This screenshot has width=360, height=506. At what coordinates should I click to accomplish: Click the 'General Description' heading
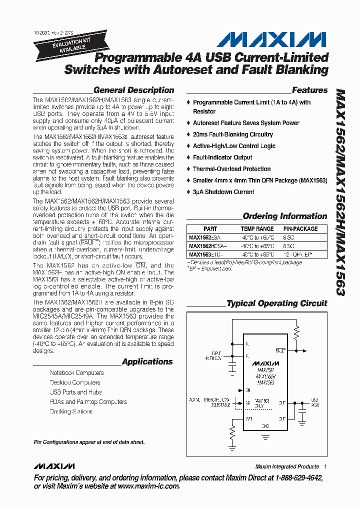133,90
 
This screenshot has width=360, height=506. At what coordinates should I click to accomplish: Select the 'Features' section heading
309,90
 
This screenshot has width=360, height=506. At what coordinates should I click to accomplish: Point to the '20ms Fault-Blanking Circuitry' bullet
233,134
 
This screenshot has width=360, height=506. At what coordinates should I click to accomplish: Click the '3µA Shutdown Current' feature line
223,192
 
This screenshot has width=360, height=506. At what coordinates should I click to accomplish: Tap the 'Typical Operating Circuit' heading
276,303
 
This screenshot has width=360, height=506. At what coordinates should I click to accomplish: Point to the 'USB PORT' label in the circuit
315,403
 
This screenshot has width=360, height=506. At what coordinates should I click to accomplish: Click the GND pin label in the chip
265,426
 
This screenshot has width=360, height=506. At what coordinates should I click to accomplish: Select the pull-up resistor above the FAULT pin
296,330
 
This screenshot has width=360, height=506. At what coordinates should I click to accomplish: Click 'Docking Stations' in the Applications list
71,411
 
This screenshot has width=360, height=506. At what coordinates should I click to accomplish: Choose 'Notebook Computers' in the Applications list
76,373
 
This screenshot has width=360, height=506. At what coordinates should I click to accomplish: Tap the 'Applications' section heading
147,361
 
